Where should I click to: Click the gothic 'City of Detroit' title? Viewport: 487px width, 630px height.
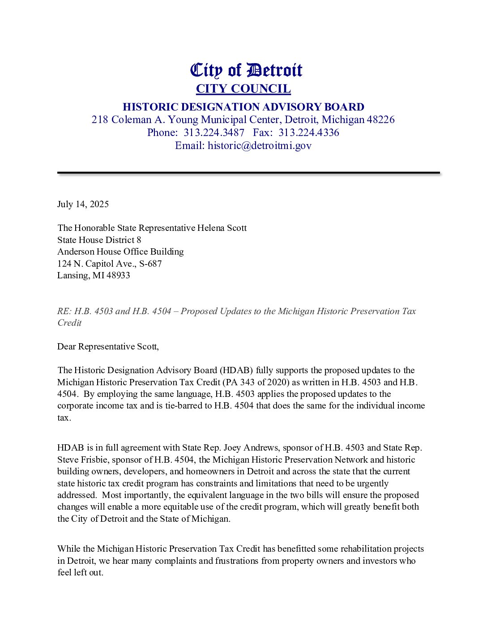coord(246,70)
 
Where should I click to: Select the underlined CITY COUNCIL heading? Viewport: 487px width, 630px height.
coord(243,89)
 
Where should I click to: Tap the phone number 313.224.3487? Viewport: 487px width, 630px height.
coord(214,132)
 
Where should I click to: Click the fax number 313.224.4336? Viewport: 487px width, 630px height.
coord(309,132)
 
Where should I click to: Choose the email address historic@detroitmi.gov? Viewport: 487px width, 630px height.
coord(260,145)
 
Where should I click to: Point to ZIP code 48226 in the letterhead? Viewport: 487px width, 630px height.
coord(380,119)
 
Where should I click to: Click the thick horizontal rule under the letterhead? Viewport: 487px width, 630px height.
coord(248,172)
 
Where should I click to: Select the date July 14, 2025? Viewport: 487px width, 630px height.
coord(83,204)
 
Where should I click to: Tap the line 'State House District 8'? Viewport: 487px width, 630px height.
coord(99,240)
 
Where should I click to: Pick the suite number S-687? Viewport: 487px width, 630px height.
coord(150,264)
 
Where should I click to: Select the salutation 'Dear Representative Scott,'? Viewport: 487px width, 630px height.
coord(108,346)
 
